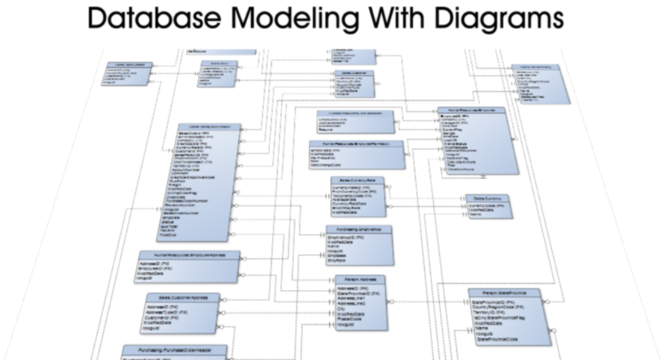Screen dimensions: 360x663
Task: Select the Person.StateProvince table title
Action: (x=505, y=294)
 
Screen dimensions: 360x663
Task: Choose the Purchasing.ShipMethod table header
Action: (x=358, y=229)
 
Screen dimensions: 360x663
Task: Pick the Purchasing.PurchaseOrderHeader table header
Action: (x=182, y=350)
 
